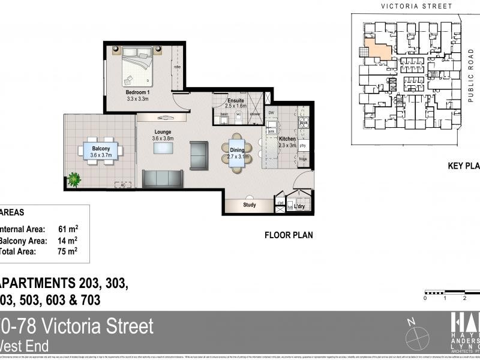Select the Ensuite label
pos(235,100)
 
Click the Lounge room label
pos(163,132)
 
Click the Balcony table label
pos(101,148)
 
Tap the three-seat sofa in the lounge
pos(163,179)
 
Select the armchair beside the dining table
pos(199,155)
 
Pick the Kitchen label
pos(287,139)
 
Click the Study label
pos(250,205)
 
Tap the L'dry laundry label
pos(299,207)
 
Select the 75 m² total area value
pos(68,251)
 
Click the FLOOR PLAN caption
pos(289,236)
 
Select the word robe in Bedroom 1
pos(178,67)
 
